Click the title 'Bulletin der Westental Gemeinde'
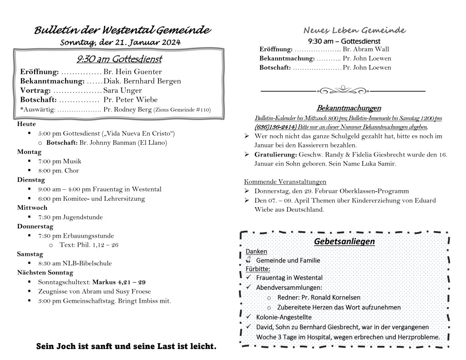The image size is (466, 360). (x=122, y=30)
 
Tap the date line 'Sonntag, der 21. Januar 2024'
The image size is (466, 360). (x=121, y=42)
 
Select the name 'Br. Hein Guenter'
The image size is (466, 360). (x=132, y=72)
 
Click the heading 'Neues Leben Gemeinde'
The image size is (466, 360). (x=355, y=30)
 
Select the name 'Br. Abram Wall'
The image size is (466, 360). (x=366, y=49)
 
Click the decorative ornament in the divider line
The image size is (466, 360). (x=343, y=90)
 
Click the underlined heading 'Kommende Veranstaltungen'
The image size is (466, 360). (x=285, y=182)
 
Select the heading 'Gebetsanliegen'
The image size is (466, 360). (x=344, y=241)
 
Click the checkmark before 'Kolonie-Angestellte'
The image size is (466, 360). (x=248, y=316)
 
